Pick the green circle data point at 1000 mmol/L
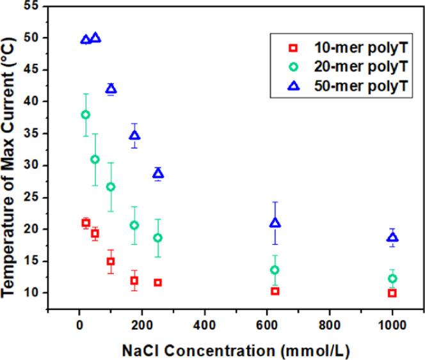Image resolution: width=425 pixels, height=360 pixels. pos(392,278)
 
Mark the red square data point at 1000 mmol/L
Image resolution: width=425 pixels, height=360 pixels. pos(392,293)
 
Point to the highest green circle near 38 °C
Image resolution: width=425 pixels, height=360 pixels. pos(85,114)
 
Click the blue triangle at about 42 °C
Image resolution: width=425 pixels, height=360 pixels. pos(111,88)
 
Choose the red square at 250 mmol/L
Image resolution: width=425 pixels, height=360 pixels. pos(157,283)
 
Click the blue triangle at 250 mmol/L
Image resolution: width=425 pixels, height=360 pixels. pos(158,173)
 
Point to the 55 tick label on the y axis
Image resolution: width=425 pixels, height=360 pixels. pos(30,6)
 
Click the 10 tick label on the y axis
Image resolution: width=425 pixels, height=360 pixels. pos(30,293)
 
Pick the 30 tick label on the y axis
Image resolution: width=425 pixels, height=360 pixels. pos(30,166)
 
